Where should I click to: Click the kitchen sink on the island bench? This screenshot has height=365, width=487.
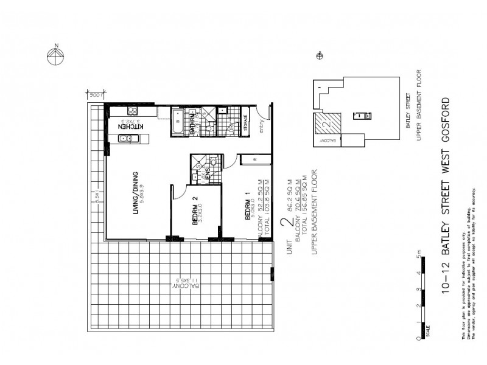click(x=125, y=139)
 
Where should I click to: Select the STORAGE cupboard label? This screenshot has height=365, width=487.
click(x=244, y=123)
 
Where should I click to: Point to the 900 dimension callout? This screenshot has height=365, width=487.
click(x=94, y=95)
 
